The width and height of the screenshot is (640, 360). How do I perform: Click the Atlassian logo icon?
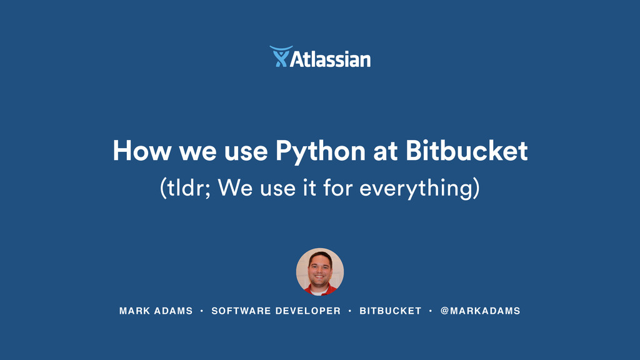coord(280,57)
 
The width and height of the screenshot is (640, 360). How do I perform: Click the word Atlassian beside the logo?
coord(331,59)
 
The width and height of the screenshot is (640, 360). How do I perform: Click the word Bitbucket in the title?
coord(467,151)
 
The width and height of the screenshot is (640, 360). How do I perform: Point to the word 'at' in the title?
coord(385,152)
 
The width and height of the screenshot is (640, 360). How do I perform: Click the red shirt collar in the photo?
coord(320,290)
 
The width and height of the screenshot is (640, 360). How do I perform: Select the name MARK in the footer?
coord(133,311)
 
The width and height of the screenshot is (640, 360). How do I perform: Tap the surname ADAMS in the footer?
coord(173,311)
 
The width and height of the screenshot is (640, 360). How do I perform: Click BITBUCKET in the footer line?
coord(390,311)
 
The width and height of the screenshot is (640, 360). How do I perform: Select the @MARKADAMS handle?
coord(480,311)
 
